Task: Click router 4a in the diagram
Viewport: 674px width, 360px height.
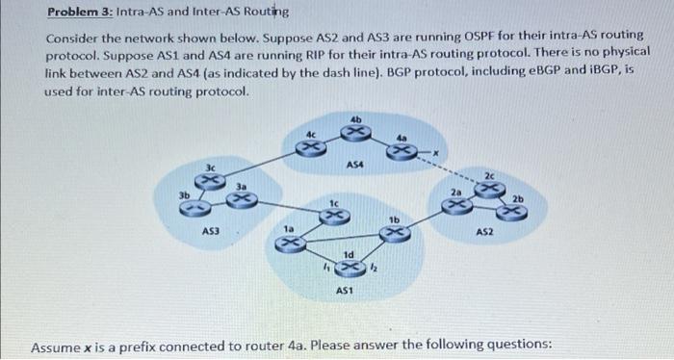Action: click(x=406, y=150)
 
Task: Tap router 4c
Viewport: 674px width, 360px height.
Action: click(x=309, y=146)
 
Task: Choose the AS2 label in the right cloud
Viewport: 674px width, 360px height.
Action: click(x=484, y=232)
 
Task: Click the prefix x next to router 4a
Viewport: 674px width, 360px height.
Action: click(x=435, y=153)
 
